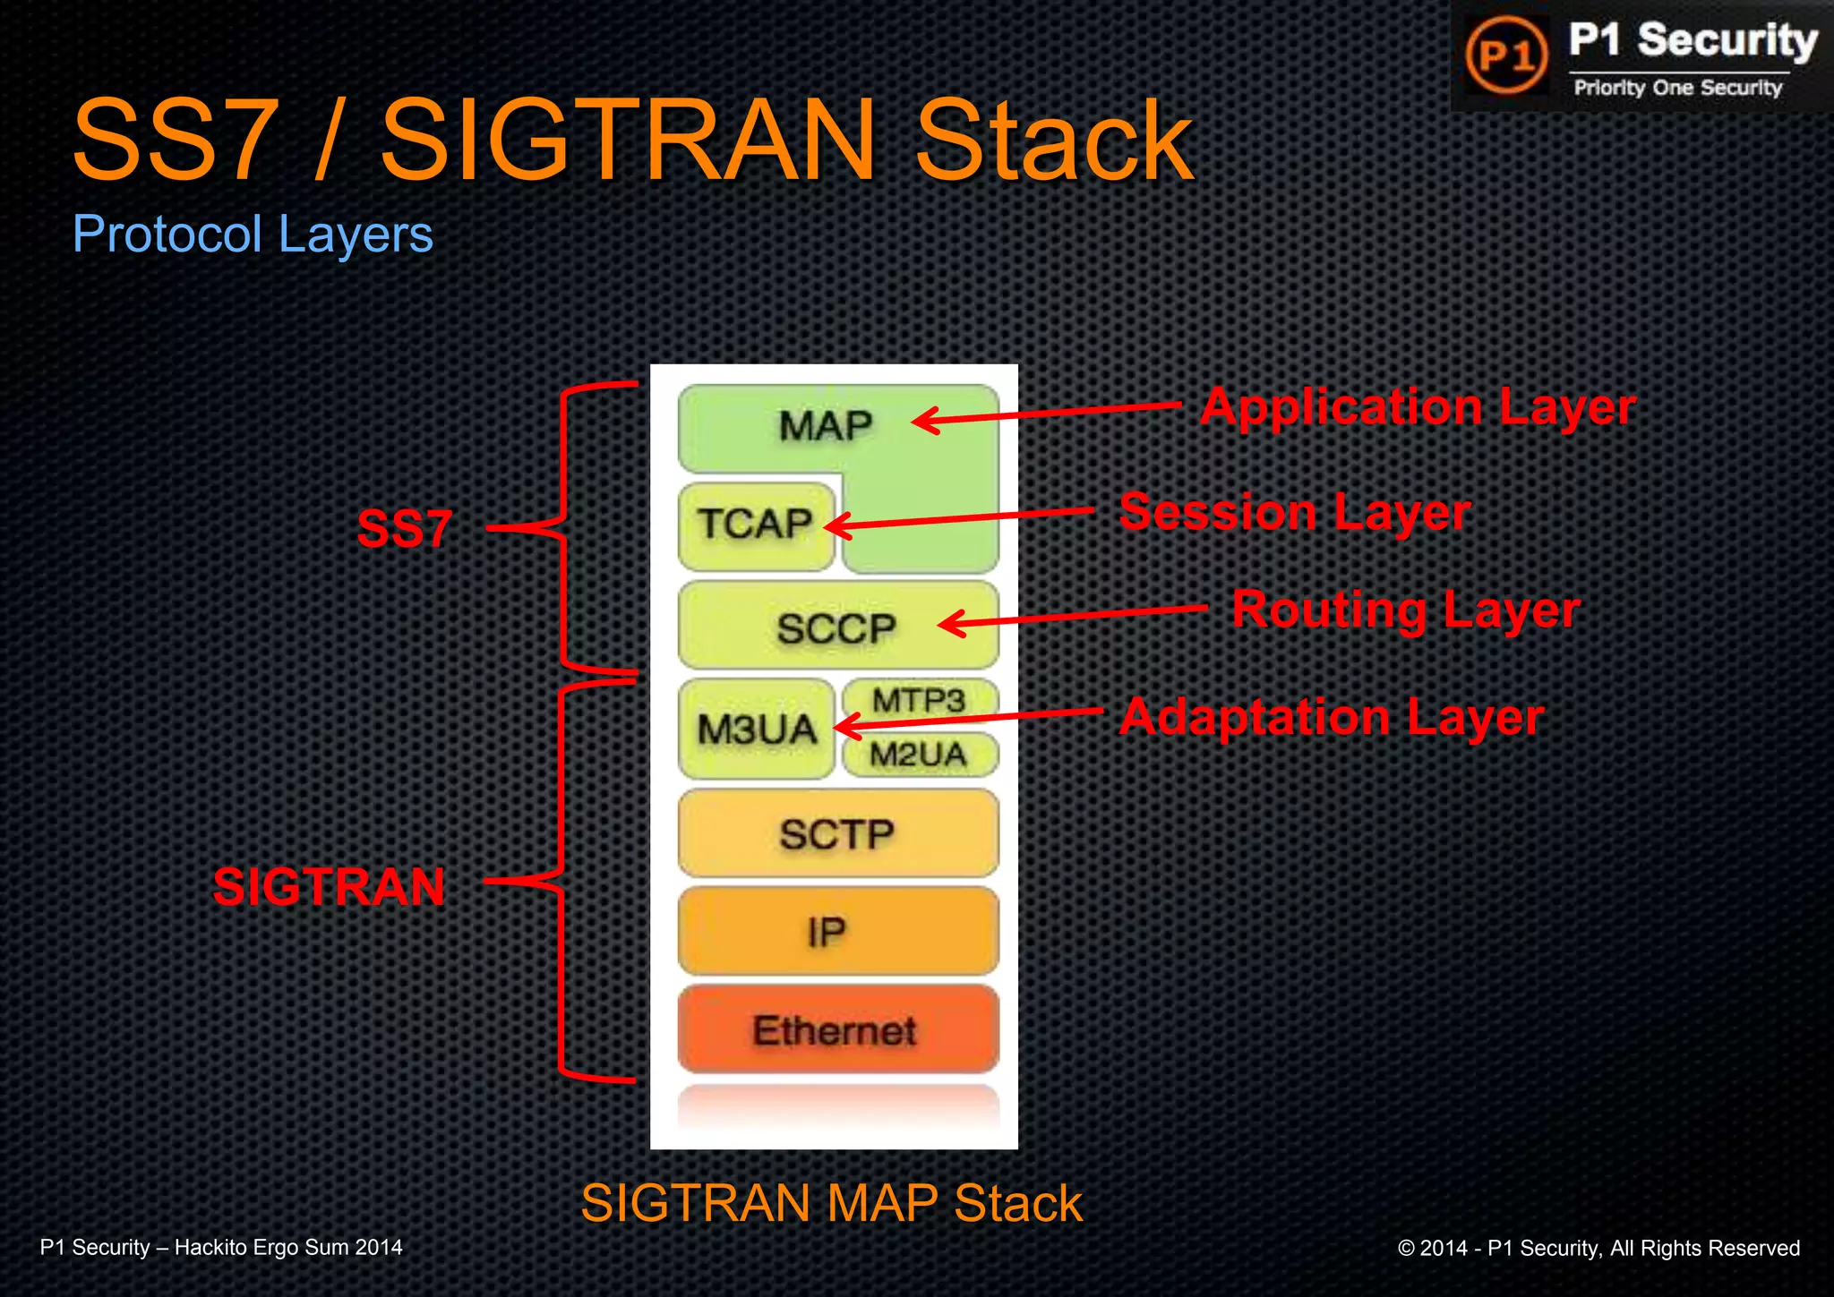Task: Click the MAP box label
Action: coord(825,425)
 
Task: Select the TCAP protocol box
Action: coord(755,525)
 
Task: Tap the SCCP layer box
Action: coord(836,627)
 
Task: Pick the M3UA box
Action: coord(757,729)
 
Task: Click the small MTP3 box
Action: coord(919,700)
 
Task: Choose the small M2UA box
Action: coord(919,755)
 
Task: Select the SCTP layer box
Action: coord(836,833)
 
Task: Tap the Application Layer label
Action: coord(1418,407)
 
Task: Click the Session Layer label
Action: coord(1294,512)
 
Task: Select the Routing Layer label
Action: coord(1405,610)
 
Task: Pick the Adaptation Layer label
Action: coord(1332,717)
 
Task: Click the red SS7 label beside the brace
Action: coord(404,528)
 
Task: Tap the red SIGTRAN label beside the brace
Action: coord(329,886)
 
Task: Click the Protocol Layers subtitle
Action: coord(253,234)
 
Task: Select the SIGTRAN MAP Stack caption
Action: coord(831,1202)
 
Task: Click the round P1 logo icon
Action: coord(1506,55)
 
